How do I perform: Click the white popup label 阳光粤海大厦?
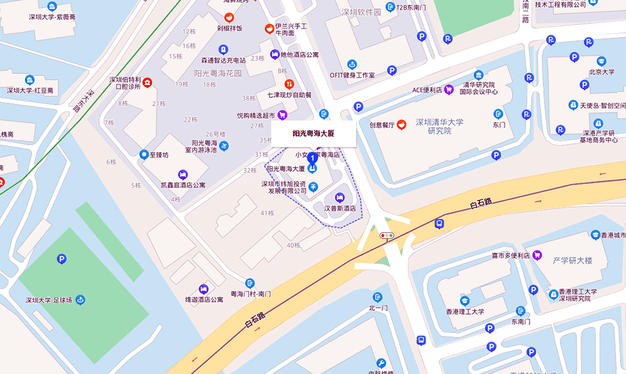(313, 134)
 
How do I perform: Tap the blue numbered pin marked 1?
(312, 157)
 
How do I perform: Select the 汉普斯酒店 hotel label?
(340, 208)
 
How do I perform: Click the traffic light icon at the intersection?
(387, 235)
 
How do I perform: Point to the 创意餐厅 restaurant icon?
(402, 124)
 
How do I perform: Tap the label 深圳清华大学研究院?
(439, 126)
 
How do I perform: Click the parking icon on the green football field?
(62, 259)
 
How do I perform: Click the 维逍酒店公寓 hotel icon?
(203, 289)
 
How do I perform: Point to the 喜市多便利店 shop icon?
(536, 255)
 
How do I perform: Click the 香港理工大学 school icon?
(465, 301)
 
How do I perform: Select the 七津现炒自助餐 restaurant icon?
(289, 84)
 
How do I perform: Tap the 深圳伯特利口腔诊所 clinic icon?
(147, 82)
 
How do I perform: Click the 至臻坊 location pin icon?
(144, 155)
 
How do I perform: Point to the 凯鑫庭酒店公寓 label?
(183, 185)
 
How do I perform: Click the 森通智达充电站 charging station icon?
(223, 49)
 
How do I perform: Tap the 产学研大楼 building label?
(573, 260)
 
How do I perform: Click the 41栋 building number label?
(267, 213)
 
